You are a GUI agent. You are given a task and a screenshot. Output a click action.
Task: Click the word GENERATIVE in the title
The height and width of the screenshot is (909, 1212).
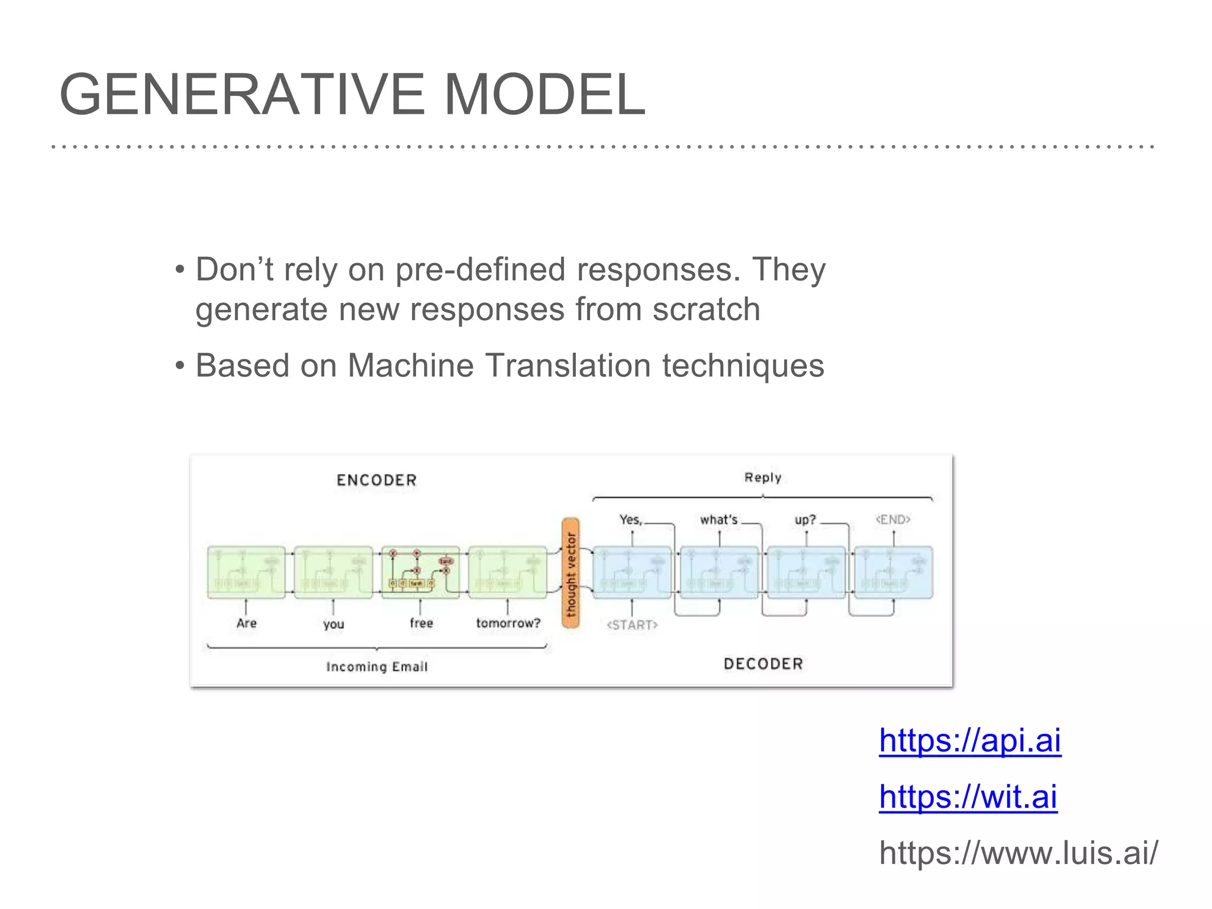[x=242, y=95]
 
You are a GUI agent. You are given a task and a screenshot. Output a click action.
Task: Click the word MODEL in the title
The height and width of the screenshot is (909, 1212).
[x=544, y=95]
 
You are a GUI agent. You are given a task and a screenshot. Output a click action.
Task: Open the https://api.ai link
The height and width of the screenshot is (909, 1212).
[x=969, y=740]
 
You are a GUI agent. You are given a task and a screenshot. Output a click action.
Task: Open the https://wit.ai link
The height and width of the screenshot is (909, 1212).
[x=968, y=797]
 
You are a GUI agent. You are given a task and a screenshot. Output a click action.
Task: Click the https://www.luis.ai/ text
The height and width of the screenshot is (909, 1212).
[x=1018, y=853]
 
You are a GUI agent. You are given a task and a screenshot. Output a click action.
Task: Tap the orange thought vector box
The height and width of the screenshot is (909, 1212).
[x=570, y=573]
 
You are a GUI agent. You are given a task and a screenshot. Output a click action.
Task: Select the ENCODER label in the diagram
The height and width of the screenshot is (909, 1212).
[x=376, y=480]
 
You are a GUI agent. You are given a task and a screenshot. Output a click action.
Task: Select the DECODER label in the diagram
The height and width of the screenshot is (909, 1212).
[x=763, y=664]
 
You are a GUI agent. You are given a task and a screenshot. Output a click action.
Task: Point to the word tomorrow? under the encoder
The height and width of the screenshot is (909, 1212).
[x=508, y=623]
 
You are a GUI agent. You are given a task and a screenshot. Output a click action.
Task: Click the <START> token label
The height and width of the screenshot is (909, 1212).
[x=632, y=625]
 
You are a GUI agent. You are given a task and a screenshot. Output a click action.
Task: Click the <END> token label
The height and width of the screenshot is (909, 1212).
[x=892, y=520]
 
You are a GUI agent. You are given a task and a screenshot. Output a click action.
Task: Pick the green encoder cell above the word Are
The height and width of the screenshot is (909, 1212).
[x=246, y=572]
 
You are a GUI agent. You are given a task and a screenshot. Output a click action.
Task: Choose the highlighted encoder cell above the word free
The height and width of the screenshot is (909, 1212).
[x=420, y=572]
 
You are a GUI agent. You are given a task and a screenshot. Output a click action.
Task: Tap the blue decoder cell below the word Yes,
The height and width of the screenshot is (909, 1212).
[x=632, y=572]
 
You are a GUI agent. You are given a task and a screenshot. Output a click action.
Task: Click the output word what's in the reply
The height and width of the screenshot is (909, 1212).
[x=718, y=520]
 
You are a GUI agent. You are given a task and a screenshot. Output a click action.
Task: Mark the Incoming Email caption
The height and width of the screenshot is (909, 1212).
[x=376, y=667]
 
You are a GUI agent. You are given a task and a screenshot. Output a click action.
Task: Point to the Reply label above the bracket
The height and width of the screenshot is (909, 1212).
[x=762, y=478]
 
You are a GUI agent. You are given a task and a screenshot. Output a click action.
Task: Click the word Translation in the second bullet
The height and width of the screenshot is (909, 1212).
[x=568, y=365]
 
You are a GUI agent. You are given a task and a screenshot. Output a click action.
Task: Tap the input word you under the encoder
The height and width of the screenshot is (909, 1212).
[x=333, y=624]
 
